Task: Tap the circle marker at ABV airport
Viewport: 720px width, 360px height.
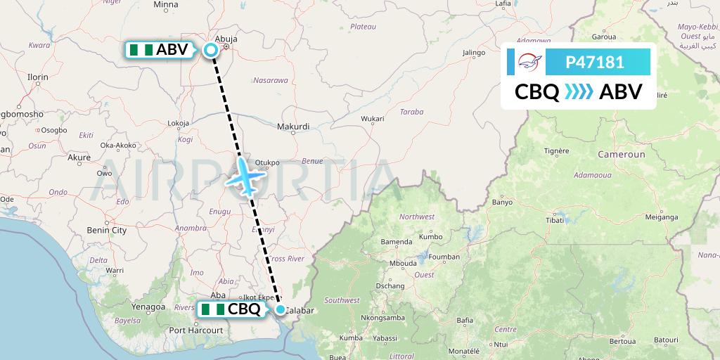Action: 210,49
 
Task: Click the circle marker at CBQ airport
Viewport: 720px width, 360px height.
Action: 281,309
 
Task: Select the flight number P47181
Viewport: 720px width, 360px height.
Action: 595,63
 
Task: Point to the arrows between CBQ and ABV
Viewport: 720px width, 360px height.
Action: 579,92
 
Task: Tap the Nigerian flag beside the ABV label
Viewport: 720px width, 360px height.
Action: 141,50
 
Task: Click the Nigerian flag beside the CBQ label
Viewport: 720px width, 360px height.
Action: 212,309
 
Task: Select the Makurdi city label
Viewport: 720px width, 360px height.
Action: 293,127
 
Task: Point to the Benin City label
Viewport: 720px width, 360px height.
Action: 106,230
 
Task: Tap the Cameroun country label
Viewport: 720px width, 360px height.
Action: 621,153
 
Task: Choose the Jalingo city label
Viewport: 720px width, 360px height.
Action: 475,52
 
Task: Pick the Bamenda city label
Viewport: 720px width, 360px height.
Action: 396,242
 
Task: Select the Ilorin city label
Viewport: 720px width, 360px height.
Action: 37,77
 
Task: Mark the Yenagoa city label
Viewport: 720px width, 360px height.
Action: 148,307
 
